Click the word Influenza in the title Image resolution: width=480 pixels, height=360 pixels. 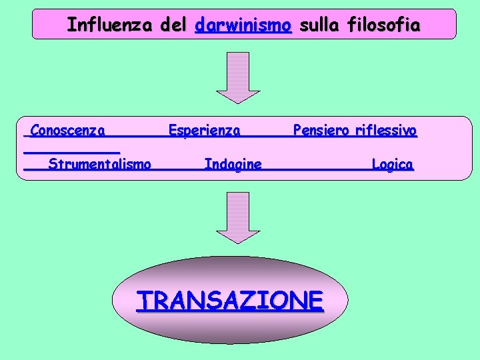(110, 25)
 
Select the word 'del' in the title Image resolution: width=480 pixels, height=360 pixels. (175, 25)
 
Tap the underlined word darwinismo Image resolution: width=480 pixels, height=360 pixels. (243, 25)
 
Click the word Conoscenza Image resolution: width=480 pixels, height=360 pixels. (67, 130)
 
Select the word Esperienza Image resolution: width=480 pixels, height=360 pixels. (204, 130)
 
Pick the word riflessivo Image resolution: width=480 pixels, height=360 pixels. (386, 130)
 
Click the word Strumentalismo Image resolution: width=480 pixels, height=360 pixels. (99, 164)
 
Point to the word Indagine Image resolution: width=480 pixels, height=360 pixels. (233, 164)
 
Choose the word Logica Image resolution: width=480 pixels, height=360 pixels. (392, 164)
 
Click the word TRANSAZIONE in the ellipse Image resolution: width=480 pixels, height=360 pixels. (230, 301)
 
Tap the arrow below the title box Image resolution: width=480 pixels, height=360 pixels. (233, 77)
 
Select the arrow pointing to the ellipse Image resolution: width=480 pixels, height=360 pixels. (233, 217)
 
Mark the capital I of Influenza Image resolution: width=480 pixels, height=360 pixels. (71, 25)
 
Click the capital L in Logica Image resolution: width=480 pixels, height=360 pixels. (375, 163)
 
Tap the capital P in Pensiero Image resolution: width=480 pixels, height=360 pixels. (297, 129)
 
